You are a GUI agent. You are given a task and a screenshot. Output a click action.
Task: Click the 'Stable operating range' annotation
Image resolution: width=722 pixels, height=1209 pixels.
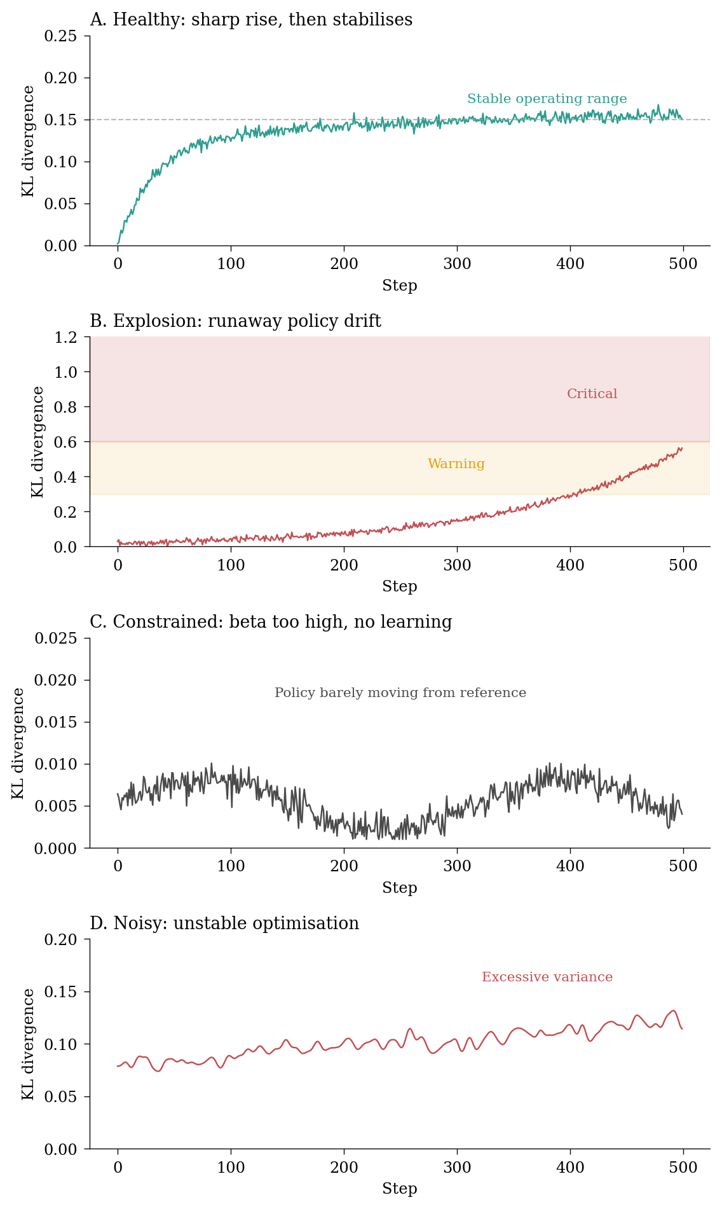(x=547, y=99)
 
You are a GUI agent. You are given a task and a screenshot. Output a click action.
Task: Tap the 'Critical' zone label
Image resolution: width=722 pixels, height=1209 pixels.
(x=592, y=394)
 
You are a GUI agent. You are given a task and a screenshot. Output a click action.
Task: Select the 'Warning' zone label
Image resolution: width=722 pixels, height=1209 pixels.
(x=456, y=464)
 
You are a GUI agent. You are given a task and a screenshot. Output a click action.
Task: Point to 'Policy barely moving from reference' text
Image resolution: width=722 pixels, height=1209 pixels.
(x=400, y=693)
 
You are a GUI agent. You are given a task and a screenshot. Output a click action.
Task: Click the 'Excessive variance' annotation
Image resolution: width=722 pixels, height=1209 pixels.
(x=547, y=978)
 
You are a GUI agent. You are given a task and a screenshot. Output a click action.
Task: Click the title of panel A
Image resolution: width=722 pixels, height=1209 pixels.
(x=251, y=20)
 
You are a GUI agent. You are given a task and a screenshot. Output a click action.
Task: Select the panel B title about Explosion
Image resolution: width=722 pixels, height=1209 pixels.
(x=235, y=321)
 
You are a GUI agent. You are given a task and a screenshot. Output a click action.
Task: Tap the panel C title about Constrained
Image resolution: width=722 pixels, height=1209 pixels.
(x=271, y=622)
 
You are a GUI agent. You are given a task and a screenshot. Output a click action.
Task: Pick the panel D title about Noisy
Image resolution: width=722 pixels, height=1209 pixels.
(x=224, y=923)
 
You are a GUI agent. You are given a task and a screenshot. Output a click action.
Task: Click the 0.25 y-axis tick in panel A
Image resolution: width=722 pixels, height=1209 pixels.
(x=60, y=36)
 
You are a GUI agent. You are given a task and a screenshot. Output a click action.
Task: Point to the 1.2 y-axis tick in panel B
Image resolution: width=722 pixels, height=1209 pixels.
(x=65, y=337)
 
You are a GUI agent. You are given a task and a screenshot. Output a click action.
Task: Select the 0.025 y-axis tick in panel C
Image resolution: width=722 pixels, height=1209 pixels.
(x=55, y=639)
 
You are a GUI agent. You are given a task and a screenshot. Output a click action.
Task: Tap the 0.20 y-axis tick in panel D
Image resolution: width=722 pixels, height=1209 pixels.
(x=60, y=939)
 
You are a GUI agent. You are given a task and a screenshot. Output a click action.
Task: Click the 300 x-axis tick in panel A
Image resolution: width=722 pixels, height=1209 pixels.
(x=457, y=264)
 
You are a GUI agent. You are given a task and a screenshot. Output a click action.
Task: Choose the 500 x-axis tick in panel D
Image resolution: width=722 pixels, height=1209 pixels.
(x=683, y=1168)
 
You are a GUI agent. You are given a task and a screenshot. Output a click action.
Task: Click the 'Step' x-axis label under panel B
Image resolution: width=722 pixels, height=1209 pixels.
(x=399, y=587)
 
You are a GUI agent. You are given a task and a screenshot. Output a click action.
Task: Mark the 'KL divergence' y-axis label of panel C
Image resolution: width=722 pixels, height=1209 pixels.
(x=18, y=743)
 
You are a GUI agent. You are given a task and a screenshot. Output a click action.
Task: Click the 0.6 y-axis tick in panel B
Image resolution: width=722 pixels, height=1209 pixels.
(x=65, y=442)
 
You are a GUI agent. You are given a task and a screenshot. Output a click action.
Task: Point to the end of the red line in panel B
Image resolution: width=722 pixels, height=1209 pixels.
(x=682, y=448)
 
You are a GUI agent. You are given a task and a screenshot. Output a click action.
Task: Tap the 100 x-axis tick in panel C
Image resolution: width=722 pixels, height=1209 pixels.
(x=231, y=866)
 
